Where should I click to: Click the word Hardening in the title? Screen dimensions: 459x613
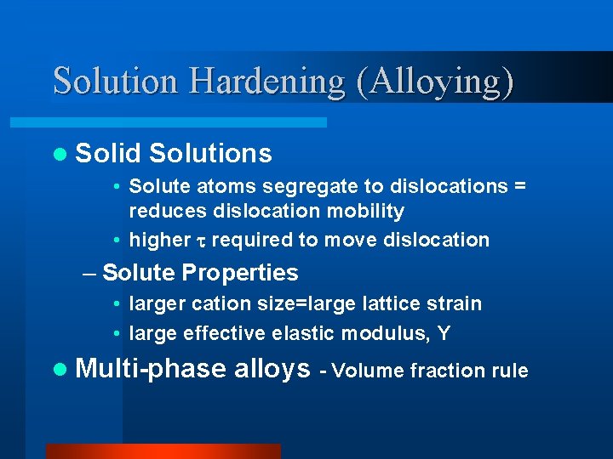(x=266, y=81)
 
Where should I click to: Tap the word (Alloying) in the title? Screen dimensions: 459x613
(x=435, y=81)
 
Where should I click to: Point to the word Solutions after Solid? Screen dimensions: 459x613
(x=210, y=153)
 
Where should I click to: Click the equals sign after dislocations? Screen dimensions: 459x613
(x=519, y=186)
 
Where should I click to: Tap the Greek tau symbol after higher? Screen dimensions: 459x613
(x=201, y=241)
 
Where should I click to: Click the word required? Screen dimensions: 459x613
(x=252, y=240)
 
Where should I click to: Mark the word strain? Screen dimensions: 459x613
(x=455, y=303)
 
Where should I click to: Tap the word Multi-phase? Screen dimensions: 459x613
(x=151, y=369)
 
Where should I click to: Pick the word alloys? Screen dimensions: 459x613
(x=272, y=369)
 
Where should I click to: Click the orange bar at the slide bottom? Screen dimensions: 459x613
(x=163, y=451)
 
